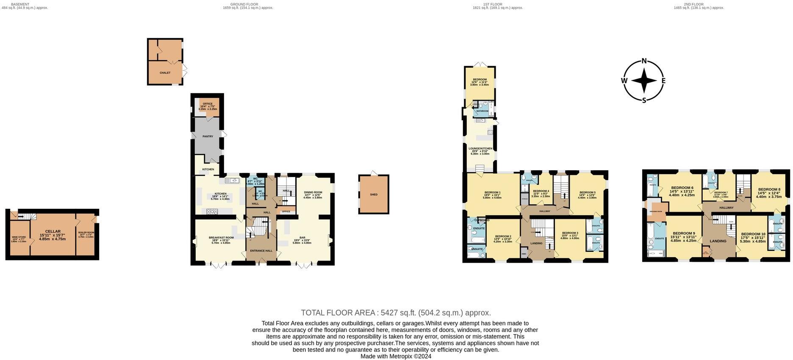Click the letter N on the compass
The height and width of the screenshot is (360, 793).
coord(644,61)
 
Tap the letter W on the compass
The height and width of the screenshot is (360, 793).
coord(624,81)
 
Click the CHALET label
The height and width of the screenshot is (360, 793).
coord(165,73)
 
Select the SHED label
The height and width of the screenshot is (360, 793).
coord(374,194)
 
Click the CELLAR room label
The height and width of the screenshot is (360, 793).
coord(53,231)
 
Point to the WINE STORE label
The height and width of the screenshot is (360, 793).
coord(19,237)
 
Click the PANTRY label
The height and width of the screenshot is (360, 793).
coord(208,136)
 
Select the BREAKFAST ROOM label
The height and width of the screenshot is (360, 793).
coord(221,238)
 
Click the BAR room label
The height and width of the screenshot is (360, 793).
coord(302,238)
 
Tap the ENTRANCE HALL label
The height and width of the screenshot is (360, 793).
coord(261,251)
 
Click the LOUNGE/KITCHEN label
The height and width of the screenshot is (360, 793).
coord(480,149)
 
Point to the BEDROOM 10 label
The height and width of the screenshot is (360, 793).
coord(753,234)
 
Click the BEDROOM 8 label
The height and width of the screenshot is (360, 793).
coord(769,189)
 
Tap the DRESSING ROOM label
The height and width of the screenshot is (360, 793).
coord(656,211)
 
